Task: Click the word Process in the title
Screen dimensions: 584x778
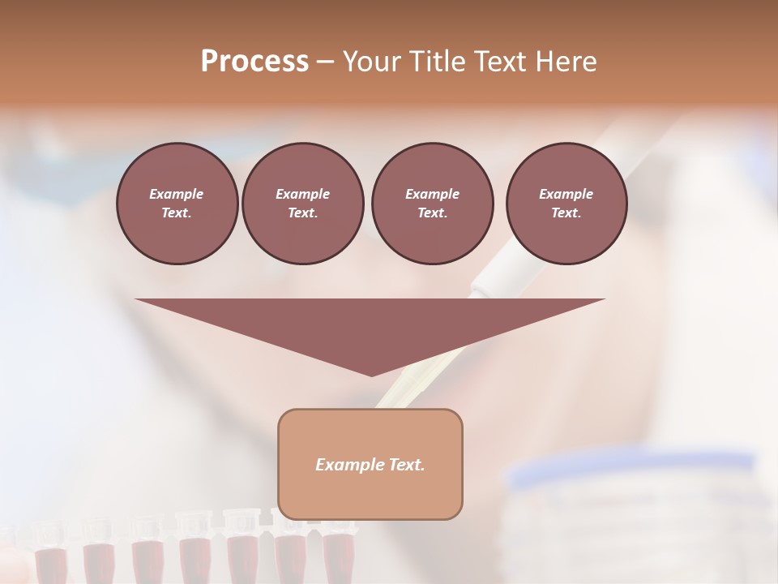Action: point(254,62)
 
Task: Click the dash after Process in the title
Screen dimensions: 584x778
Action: point(326,62)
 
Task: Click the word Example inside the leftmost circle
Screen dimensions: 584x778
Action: point(177,194)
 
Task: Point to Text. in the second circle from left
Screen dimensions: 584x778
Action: point(302,213)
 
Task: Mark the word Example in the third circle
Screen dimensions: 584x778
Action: point(432,194)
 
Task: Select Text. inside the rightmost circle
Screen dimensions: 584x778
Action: point(566,213)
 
